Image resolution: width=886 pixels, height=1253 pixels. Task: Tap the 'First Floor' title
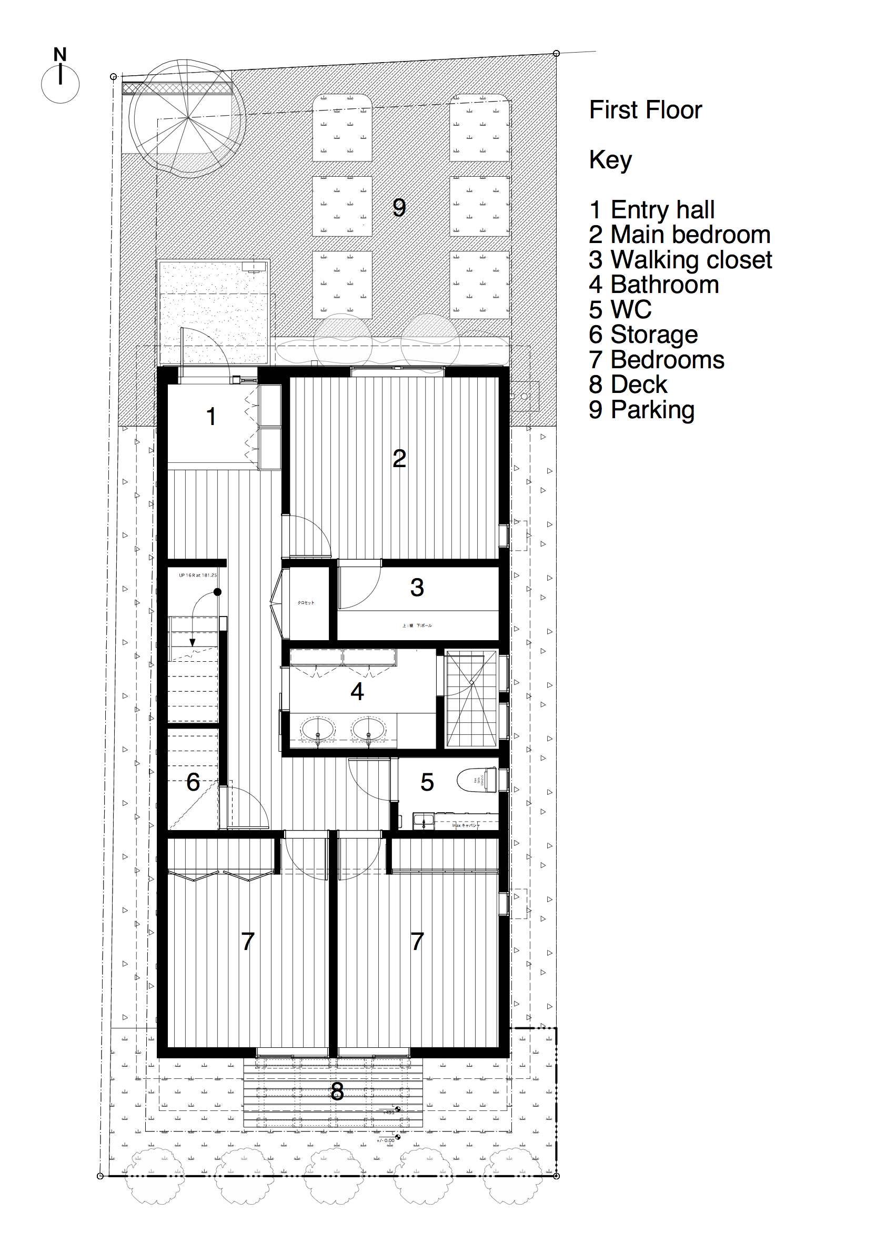pyautogui.click(x=645, y=110)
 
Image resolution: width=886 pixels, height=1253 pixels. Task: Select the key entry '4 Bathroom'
pyautogui.click(x=653, y=285)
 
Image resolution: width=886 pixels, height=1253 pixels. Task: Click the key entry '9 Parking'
pyautogui.click(x=641, y=410)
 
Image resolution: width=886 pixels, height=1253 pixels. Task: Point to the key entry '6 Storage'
pyautogui.click(x=643, y=335)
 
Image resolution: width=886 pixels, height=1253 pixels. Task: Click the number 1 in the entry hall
pyautogui.click(x=212, y=417)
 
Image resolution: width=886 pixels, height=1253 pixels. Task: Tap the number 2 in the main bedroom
pyautogui.click(x=399, y=458)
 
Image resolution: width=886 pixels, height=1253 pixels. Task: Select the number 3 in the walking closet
pyautogui.click(x=417, y=588)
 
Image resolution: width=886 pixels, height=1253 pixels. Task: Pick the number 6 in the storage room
pyautogui.click(x=193, y=783)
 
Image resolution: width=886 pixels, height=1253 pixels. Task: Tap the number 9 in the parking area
pyautogui.click(x=399, y=208)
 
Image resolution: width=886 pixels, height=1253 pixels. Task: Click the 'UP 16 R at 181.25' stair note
pyautogui.click(x=198, y=575)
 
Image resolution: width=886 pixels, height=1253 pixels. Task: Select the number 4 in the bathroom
pyautogui.click(x=357, y=692)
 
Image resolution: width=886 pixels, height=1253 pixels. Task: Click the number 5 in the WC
pyautogui.click(x=427, y=783)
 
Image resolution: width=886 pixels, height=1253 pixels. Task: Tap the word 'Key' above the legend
pyautogui.click(x=610, y=160)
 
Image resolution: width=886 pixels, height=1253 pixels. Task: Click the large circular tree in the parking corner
pyautogui.click(x=187, y=118)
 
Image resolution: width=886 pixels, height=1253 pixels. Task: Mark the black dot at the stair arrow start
pyautogui.click(x=217, y=592)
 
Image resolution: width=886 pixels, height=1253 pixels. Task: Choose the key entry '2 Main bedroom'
pyautogui.click(x=679, y=235)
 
